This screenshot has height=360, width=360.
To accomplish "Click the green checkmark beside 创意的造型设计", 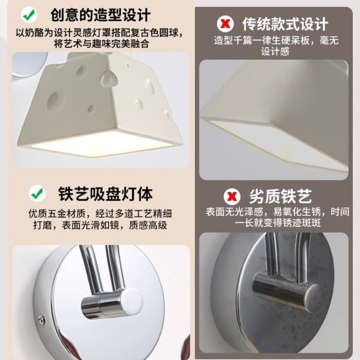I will click(29, 15).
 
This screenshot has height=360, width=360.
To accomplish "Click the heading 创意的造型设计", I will click(100, 15).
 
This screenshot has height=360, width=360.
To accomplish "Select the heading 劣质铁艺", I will click(280, 197).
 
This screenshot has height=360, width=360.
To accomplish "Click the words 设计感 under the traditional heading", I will click(276, 52).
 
